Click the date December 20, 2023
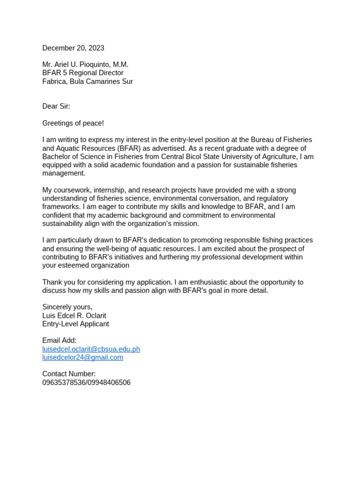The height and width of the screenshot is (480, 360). point(73,48)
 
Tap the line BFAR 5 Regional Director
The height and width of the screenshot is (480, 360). point(82,73)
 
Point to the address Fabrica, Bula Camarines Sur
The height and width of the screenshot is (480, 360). point(87,81)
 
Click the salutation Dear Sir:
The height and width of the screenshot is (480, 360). point(56,106)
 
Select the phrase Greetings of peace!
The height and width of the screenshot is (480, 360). point(73,123)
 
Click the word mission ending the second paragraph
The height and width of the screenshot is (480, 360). point(185,224)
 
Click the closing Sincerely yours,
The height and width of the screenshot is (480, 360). point(67,307)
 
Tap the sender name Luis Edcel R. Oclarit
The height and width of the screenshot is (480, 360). point(74,315)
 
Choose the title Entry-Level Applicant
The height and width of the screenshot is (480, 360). point(75,324)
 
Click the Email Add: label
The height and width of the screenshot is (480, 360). point(59,340)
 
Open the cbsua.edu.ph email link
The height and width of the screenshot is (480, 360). point(91,349)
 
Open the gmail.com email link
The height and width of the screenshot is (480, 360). point(82,357)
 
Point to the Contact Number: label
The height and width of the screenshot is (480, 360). point(69,374)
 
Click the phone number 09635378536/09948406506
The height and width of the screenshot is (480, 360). point(86,382)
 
